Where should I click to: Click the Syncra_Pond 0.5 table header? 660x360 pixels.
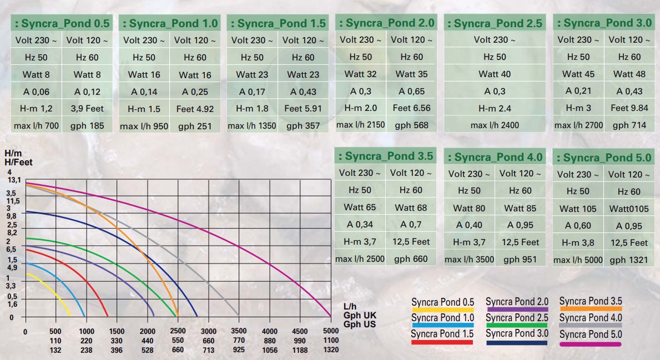point(61,24)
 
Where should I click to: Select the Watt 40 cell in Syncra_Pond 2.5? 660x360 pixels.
point(495,74)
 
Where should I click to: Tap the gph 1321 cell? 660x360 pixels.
point(628,260)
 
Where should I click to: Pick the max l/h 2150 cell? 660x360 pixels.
point(360,125)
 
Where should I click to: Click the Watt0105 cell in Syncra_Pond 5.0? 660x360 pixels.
point(628,209)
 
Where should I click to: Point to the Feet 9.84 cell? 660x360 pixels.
point(629,108)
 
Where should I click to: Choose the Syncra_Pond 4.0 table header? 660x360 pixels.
point(495,158)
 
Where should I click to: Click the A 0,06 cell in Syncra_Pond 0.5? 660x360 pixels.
point(36,92)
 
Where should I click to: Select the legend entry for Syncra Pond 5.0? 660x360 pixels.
point(591,334)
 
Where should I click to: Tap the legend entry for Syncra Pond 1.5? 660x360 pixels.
point(442,334)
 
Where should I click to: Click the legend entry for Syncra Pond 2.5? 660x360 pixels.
point(516,318)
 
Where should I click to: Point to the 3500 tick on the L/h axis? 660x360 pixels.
point(239,331)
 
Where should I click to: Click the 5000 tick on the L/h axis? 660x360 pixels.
point(330,331)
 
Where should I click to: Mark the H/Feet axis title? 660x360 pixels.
point(18,163)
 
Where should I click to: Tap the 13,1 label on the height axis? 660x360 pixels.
point(13,180)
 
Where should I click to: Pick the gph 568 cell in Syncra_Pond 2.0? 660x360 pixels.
point(411,125)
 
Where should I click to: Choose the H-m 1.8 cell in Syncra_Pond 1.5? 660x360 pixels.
point(252,109)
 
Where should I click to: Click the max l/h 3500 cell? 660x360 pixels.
point(469,260)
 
